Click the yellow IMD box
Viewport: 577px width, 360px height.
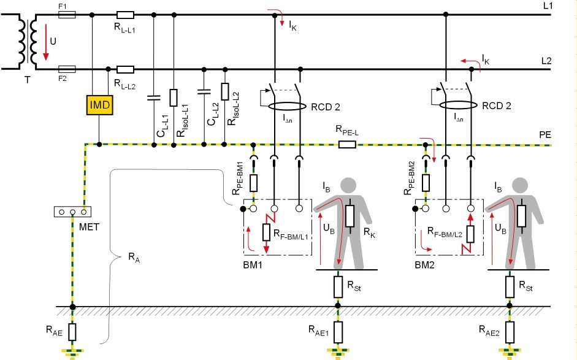[x=99, y=105]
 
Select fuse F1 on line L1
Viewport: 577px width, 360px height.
[x=66, y=14]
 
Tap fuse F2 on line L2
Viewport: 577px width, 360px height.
[x=66, y=69]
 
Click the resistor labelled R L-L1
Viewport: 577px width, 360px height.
[x=125, y=14]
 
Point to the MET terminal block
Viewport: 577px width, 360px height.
[x=72, y=212]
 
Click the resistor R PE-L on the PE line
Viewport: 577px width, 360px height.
[x=347, y=145]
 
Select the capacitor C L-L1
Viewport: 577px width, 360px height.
[x=151, y=97]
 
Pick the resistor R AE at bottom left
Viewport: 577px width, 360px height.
[x=72, y=332]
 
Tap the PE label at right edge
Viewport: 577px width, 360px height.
[x=545, y=133]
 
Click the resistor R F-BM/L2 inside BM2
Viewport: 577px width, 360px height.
[x=470, y=233]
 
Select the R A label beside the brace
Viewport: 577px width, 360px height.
[x=132, y=259]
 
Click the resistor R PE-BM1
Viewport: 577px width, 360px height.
[x=253, y=182]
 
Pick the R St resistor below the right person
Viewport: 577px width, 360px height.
[x=509, y=286]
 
